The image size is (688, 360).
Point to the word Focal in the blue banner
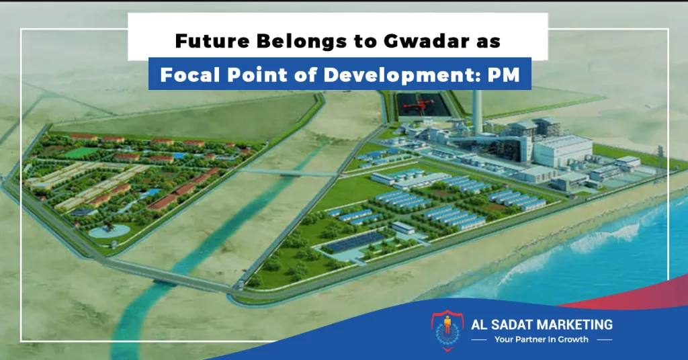(x=189, y=75)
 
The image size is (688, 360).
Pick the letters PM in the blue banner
(x=504, y=75)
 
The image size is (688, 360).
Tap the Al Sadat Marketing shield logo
(x=447, y=330)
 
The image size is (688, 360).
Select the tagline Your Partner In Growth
(x=542, y=339)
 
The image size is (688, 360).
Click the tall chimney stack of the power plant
(x=478, y=111)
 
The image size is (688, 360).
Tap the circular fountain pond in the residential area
(x=110, y=230)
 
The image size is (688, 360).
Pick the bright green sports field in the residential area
(x=83, y=152)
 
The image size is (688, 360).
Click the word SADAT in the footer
(x=507, y=325)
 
